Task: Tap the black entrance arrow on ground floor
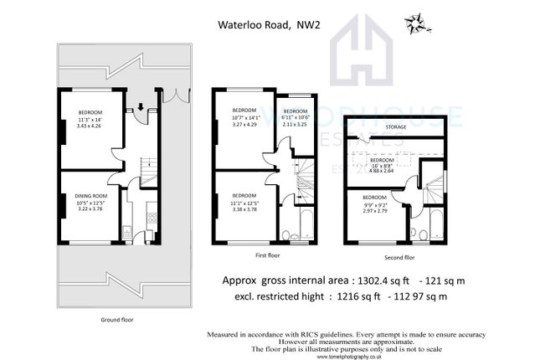[x=140, y=106]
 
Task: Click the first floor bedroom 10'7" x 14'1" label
[x=244, y=117]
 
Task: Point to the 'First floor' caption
[x=266, y=255]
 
